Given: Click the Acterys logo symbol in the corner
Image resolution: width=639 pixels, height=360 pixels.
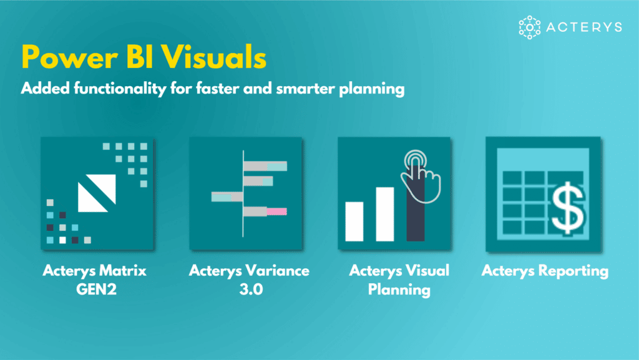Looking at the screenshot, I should click(x=529, y=27).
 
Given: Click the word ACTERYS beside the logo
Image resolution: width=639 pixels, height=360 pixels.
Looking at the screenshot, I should click(x=583, y=27).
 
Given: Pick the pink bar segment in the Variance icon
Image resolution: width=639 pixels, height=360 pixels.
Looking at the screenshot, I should click(x=276, y=212).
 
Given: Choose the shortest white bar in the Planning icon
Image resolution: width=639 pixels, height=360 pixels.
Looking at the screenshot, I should click(x=354, y=221).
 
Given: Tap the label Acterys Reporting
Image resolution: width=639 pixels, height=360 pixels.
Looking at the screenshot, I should click(x=545, y=271).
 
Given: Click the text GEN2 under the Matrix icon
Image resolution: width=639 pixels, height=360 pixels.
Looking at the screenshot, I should click(x=94, y=289).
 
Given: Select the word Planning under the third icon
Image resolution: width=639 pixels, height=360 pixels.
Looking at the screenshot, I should click(x=399, y=289).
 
